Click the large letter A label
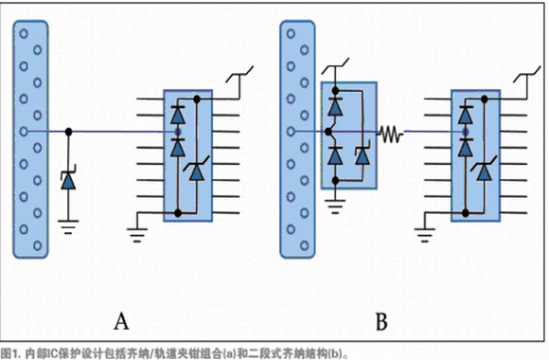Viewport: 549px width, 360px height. (121, 321)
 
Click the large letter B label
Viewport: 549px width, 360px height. (381, 321)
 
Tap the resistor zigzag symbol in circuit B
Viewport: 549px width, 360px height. (390, 134)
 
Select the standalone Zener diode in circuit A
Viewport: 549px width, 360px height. (68, 180)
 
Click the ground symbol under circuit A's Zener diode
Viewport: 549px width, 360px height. (68, 226)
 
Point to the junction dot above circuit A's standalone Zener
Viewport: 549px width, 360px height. (68, 132)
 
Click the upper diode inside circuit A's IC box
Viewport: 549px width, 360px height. (178, 115)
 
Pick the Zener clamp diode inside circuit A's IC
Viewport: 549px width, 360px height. (197, 171)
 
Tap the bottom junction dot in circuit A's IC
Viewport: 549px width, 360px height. (178, 213)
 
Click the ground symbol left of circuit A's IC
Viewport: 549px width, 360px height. (137, 235)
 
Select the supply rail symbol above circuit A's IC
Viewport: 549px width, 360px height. (239, 74)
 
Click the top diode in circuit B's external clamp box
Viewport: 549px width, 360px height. (335, 106)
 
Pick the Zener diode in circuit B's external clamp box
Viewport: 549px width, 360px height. (363, 156)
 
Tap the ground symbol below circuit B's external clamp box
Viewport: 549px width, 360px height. (335, 207)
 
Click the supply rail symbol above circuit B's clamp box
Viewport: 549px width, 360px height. (335, 66)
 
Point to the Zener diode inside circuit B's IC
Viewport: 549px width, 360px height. (484, 171)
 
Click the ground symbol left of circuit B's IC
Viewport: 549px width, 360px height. (425, 235)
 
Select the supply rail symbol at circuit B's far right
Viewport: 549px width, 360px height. (527, 74)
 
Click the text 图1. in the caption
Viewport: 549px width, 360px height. (10, 353)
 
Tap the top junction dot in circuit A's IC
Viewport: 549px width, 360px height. (197, 99)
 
